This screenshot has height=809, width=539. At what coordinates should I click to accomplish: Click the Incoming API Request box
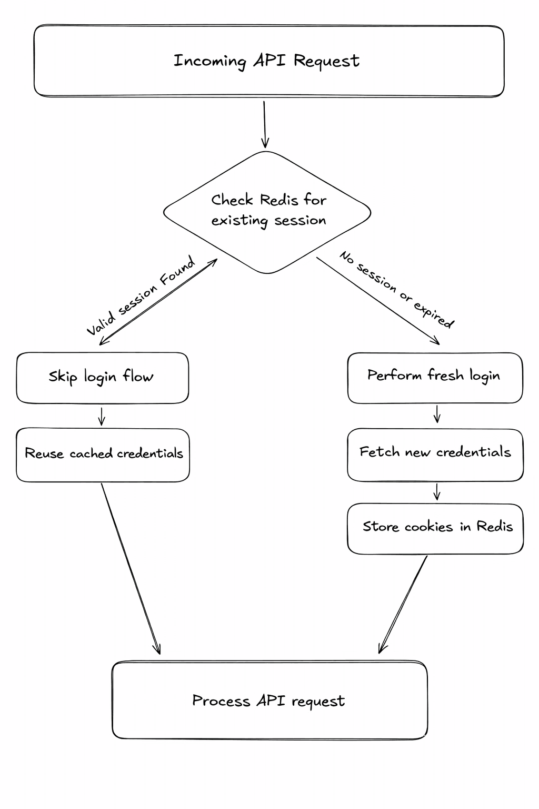pos(268,61)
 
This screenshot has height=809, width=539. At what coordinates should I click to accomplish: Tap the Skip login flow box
pos(102,378)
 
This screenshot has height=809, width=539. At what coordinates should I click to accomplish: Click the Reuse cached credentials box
pos(103,455)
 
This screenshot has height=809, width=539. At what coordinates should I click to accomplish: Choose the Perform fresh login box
pos(435,378)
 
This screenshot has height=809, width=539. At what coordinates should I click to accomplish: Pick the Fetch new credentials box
pos(435,454)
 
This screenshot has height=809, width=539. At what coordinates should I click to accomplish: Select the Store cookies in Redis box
pos(435,528)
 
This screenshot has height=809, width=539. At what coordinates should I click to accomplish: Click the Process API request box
pos(269,700)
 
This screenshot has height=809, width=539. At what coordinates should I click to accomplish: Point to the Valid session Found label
pos(141,295)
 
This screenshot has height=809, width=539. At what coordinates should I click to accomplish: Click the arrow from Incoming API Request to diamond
pos(264,124)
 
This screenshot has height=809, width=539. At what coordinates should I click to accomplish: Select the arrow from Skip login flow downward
pos(102,416)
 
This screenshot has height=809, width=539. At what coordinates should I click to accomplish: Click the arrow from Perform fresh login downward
pos(436,414)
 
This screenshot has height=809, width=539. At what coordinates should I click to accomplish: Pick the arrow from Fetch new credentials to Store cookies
pos(436,492)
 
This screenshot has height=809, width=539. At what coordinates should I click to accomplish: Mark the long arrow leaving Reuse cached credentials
pos(130,569)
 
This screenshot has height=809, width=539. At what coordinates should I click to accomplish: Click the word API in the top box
pos(270,61)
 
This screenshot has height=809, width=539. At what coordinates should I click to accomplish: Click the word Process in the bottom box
pos(221,701)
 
